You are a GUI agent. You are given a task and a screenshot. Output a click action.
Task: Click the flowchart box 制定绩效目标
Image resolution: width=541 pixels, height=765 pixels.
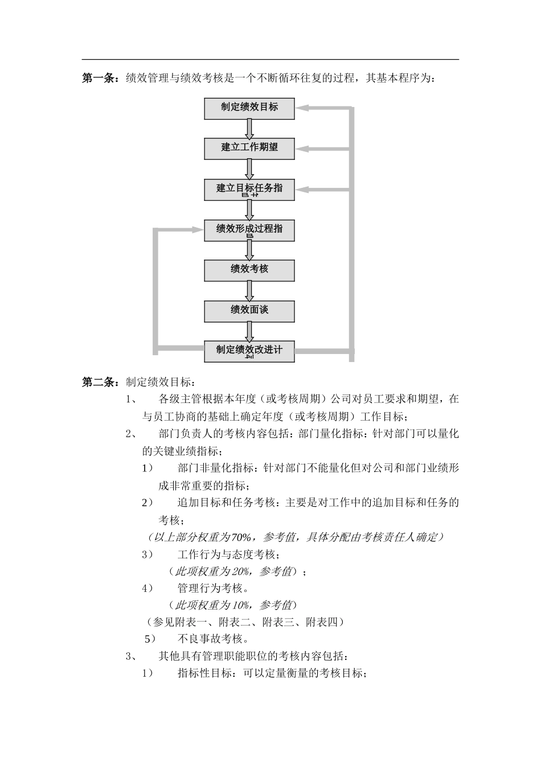click(x=249, y=108)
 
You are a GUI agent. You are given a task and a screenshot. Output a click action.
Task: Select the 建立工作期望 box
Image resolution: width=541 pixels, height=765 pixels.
click(x=249, y=148)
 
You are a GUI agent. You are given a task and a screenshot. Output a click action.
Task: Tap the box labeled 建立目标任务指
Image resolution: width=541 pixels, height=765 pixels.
click(x=249, y=189)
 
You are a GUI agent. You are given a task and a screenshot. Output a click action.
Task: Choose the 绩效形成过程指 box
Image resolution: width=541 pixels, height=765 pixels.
click(x=249, y=229)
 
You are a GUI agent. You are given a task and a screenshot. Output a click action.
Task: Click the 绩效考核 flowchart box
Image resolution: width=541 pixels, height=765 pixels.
click(x=249, y=270)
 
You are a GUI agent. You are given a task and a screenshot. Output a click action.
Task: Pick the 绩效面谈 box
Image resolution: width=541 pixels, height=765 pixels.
click(x=249, y=311)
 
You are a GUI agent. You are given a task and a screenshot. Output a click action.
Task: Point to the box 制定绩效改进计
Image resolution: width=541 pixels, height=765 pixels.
click(x=249, y=351)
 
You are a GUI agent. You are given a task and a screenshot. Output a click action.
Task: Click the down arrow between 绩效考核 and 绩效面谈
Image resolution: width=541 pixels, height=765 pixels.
click(x=249, y=291)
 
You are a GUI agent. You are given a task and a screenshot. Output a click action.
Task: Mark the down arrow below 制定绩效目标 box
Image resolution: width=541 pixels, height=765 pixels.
click(x=249, y=129)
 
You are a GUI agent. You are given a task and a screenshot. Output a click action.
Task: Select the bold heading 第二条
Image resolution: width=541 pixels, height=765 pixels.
click(x=100, y=382)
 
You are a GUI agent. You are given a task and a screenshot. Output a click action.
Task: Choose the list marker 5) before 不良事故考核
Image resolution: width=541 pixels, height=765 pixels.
click(x=150, y=639)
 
